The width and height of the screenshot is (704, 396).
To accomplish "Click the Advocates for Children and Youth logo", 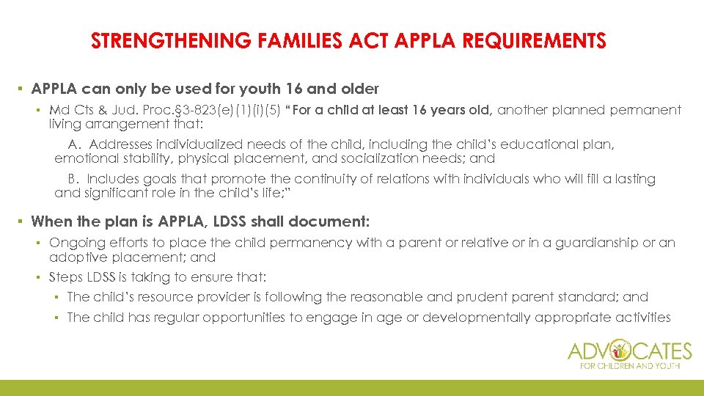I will [628, 353].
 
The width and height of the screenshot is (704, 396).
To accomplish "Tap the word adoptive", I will [74, 257].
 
